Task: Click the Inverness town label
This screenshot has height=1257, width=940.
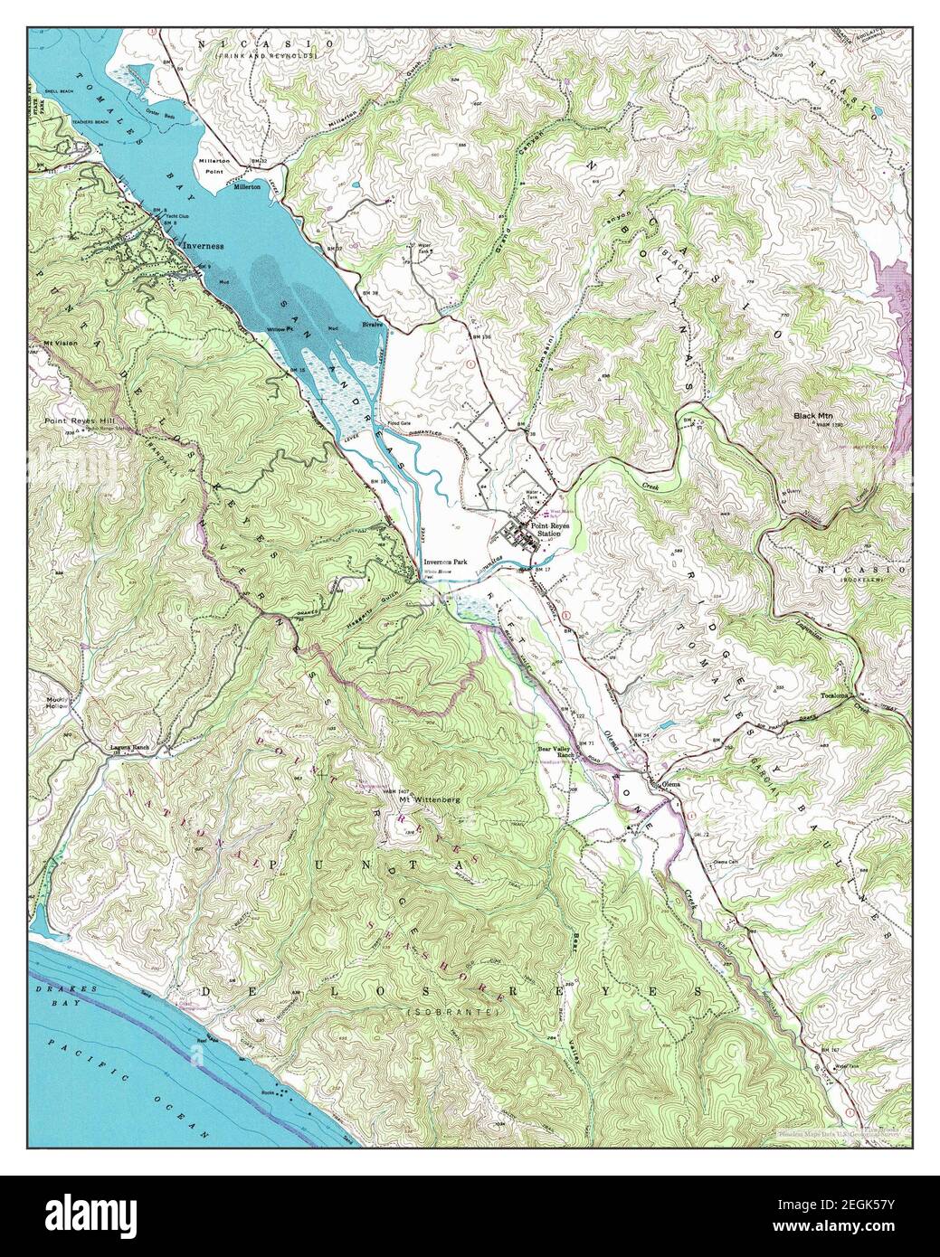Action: [x=204, y=245]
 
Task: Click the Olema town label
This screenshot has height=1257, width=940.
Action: [x=669, y=783]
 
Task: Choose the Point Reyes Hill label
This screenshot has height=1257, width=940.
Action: [x=74, y=421]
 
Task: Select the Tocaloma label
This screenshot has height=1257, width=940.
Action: [x=835, y=696]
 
